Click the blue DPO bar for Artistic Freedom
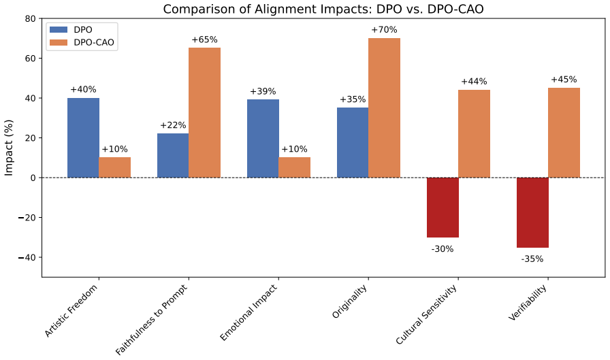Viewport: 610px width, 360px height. point(83,137)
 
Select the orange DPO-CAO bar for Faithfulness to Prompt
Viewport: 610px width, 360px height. point(205,113)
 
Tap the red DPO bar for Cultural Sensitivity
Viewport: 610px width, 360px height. point(443,207)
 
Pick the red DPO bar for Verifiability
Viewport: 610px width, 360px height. point(532,212)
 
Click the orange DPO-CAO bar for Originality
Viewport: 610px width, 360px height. point(385,108)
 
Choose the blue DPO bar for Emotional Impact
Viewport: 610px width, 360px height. point(263,138)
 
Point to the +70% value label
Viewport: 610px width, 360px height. point(384,30)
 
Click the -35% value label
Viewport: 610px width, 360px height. point(532,259)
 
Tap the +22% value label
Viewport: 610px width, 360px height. point(173,125)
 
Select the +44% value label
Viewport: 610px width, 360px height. point(474,82)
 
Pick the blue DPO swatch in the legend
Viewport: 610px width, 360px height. point(59,29)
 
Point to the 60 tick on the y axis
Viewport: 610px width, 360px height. point(31,59)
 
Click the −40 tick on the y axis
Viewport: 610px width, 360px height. point(27,257)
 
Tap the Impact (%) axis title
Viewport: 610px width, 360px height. point(9,148)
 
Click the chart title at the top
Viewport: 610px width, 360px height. point(323,9)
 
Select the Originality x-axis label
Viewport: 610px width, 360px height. point(350,301)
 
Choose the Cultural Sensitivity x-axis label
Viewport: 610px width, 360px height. point(426,314)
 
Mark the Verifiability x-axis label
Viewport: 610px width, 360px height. point(528,303)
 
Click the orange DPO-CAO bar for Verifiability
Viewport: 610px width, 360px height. point(564,133)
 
